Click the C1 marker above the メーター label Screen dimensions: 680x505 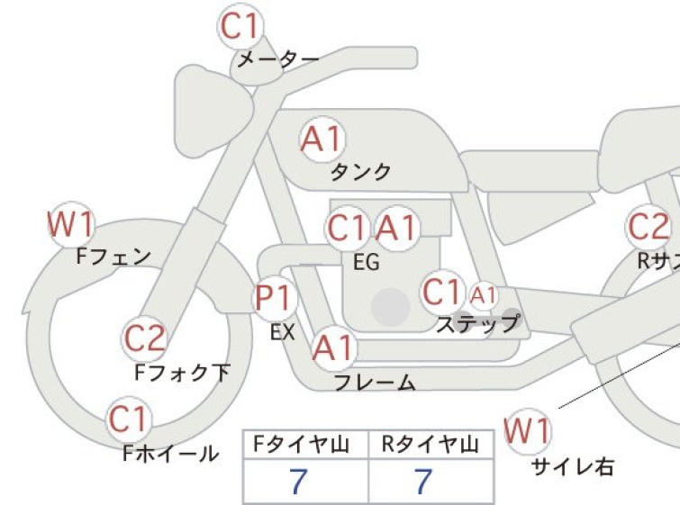(240, 26)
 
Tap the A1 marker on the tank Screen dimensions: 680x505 (323, 140)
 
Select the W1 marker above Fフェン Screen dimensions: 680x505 (70, 224)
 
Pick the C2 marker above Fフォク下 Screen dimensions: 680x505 (144, 338)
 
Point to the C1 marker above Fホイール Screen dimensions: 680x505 (129, 419)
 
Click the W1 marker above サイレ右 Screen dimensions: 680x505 (528, 431)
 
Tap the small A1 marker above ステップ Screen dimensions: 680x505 (483, 295)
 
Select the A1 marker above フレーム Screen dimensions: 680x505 (334, 348)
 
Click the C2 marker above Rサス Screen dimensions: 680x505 (648, 227)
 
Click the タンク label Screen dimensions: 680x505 (361, 172)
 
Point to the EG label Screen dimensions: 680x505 (367, 262)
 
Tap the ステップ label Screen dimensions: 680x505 (478, 323)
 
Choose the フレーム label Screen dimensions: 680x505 (376, 383)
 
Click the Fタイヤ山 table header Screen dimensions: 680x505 (302, 445)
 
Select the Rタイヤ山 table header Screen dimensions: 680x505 (431, 445)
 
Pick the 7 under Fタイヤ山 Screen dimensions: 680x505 (298, 481)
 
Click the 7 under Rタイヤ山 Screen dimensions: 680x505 (423, 481)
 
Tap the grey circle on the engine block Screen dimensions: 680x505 (391, 307)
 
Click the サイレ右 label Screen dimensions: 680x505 (573, 467)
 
